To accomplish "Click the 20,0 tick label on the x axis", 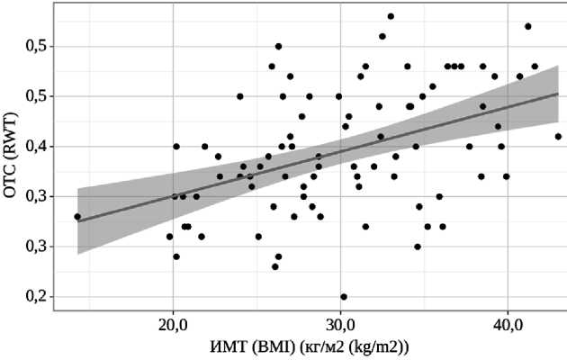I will [x=173, y=322].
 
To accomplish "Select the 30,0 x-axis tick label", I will [x=340, y=322].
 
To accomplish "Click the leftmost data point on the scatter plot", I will [x=77, y=216].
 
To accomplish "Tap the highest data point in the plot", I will [x=391, y=16].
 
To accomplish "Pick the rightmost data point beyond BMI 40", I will [x=558, y=137].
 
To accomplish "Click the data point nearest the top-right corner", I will [x=528, y=26].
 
